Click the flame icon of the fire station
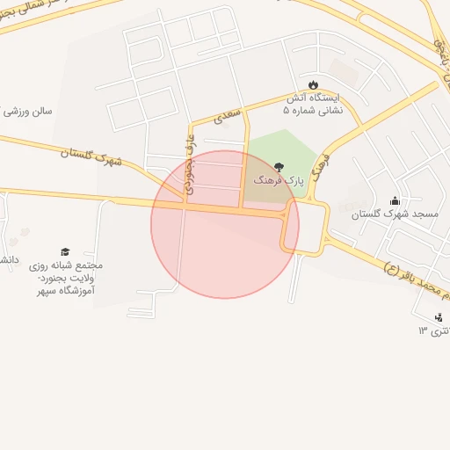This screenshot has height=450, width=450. tap(313, 85)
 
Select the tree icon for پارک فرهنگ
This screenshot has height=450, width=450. tap(279, 166)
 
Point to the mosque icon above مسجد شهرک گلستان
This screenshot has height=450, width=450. tap(394, 200)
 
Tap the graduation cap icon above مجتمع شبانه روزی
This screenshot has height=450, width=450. tap(64, 252)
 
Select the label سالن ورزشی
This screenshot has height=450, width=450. tap(28, 112)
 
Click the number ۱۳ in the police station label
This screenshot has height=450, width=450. tap(422, 330)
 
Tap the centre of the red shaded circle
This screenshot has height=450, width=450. tap(225, 224)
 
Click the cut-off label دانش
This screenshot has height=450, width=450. tap(7, 261)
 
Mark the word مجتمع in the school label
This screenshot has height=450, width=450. tap(88, 265)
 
